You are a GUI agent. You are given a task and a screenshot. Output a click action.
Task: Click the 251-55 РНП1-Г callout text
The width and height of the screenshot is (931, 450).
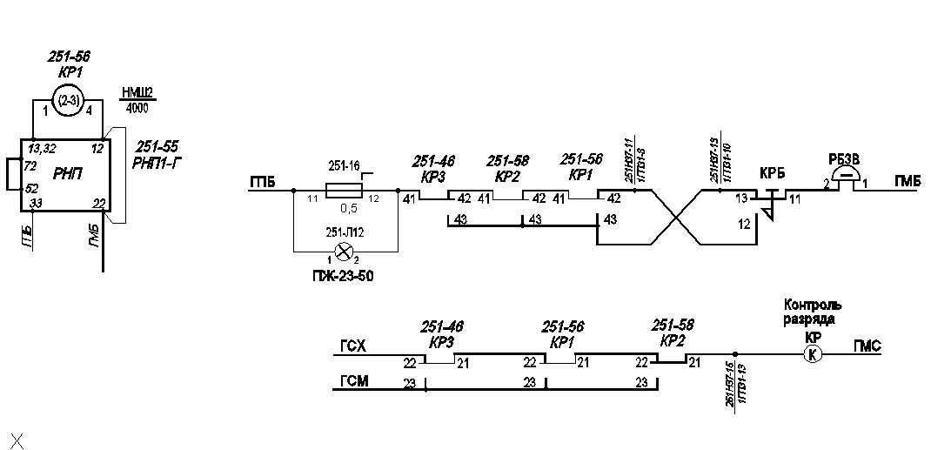click(157, 154)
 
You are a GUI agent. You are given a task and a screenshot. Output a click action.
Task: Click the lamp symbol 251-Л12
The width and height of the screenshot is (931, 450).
click(344, 252)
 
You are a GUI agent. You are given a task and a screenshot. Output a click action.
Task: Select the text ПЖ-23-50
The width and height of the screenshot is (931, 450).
click(345, 276)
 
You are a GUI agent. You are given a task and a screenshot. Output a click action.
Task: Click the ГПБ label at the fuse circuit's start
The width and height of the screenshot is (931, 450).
click(262, 182)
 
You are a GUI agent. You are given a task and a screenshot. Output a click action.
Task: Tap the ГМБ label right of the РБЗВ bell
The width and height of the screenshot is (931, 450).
click(908, 181)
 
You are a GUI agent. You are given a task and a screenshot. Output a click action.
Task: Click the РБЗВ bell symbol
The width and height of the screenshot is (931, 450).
click(844, 177)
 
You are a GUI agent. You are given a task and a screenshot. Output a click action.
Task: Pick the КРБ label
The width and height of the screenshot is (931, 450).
click(772, 172)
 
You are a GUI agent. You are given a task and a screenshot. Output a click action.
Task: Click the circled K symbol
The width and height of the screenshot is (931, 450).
click(812, 353)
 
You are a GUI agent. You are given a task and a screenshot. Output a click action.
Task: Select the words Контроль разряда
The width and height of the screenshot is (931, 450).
click(813, 312)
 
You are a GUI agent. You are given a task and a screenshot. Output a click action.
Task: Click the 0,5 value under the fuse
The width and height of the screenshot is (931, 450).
click(349, 209)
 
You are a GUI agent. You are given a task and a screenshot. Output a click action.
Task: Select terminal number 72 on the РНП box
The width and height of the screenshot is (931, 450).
click(30, 165)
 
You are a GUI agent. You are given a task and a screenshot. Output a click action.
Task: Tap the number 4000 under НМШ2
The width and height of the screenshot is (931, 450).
click(137, 109)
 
